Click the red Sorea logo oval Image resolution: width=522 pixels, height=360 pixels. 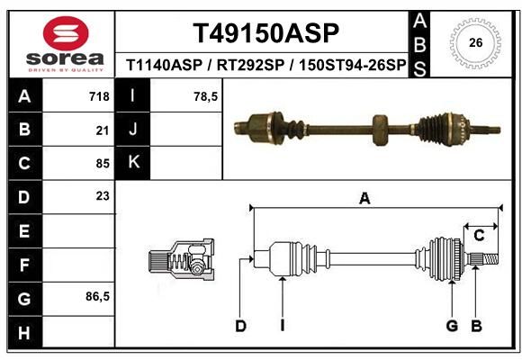tap(66, 33)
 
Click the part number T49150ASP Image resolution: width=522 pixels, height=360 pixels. tap(265, 33)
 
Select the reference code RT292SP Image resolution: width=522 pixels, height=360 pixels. tap(251, 65)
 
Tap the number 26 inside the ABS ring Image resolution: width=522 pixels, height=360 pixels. tap(475, 42)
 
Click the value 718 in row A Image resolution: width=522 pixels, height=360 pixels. tap(99, 96)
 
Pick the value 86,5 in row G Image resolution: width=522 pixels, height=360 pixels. tap(97, 296)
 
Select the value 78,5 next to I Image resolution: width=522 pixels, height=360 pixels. tap(206, 96)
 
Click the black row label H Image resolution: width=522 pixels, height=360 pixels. tap(25, 333)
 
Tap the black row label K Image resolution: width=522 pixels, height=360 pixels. tap(133, 163)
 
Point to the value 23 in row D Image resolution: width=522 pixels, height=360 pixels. tap(103, 196)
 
